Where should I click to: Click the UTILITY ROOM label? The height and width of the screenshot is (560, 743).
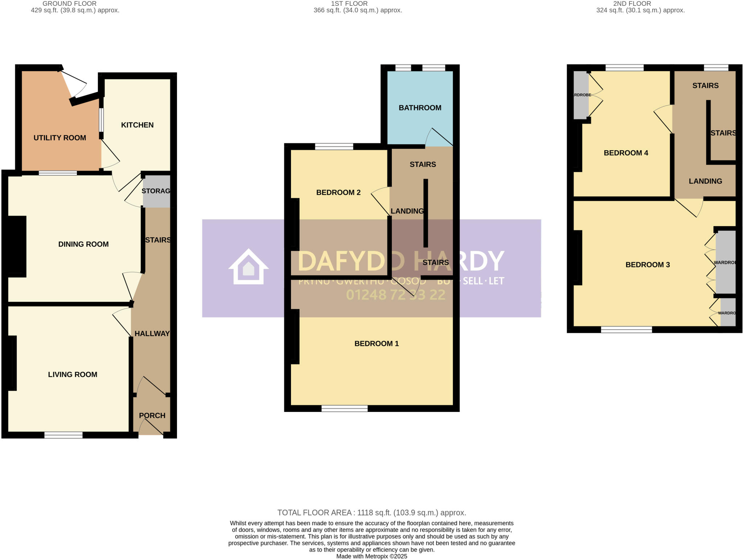pyautogui.click(x=59, y=138)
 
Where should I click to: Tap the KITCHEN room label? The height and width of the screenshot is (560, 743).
pyautogui.click(x=137, y=125)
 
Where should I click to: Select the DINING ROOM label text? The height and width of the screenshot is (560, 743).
pyautogui.click(x=83, y=244)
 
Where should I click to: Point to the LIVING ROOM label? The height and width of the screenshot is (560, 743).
pyautogui.click(x=73, y=375)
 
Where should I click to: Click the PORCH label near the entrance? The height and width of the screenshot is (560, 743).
pyautogui.click(x=152, y=416)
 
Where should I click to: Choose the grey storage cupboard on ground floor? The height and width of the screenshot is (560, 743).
pyautogui.click(x=156, y=191)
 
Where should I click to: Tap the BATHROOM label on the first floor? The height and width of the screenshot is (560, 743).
pyautogui.click(x=420, y=108)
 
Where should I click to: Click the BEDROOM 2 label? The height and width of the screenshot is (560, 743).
pyautogui.click(x=338, y=193)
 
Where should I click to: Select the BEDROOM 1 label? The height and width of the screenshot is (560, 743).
pyautogui.click(x=376, y=344)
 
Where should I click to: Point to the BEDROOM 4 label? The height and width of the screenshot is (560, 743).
pyautogui.click(x=626, y=153)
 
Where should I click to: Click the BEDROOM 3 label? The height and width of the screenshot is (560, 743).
pyautogui.click(x=648, y=265)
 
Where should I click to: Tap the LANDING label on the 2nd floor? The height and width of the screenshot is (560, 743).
pyautogui.click(x=705, y=181)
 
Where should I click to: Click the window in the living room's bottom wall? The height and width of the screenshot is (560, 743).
pyautogui.click(x=63, y=435)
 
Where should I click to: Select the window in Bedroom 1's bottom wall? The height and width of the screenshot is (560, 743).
pyautogui.click(x=344, y=409)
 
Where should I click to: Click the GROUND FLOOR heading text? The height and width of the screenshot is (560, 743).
pyautogui.click(x=70, y=4)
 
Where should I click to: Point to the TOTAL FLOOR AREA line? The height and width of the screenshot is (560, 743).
pyautogui.click(x=371, y=513)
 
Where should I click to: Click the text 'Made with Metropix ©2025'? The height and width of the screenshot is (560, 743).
pyautogui.click(x=371, y=556)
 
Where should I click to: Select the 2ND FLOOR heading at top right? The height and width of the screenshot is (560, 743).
pyautogui.click(x=632, y=4)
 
